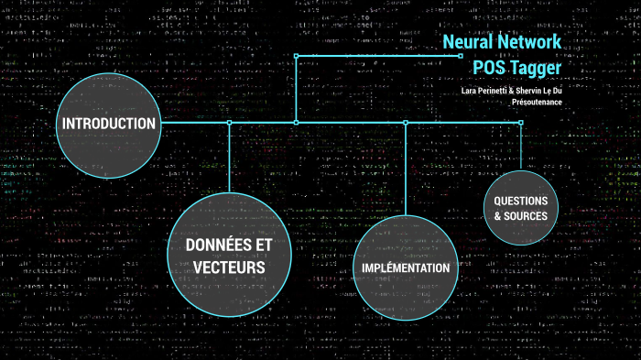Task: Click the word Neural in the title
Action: (x=471, y=42)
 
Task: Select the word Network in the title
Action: (x=530, y=42)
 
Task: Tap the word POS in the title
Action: (x=490, y=67)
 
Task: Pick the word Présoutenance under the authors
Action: (x=537, y=103)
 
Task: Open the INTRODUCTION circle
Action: (x=109, y=124)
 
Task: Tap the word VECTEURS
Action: (x=229, y=267)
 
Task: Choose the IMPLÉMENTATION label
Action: (x=406, y=267)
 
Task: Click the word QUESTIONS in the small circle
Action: (x=520, y=201)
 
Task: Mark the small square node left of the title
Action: (x=461, y=55)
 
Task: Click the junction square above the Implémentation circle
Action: (x=406, y=122)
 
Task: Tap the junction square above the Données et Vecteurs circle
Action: (x=229, y=122)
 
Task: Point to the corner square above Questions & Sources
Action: (x=521, y=122)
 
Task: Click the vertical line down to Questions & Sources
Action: (x=521, y=147)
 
